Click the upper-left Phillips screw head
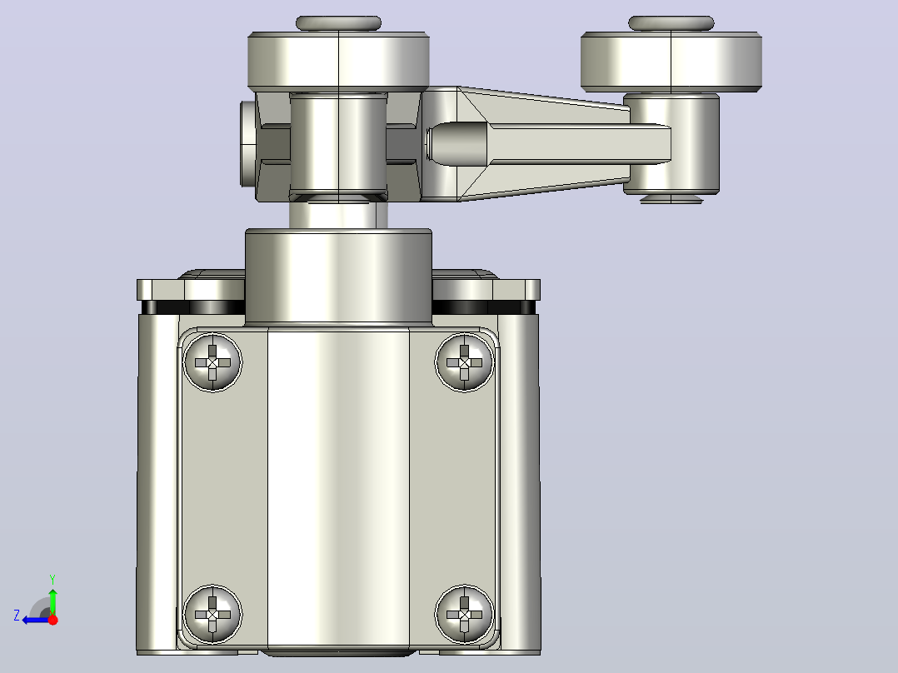click(x=212, y=362)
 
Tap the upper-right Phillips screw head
click(x=464, y=362)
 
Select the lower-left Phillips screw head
click(x=212, y=614)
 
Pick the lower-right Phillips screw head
click(x=464, y=614)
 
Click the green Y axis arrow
click(x=52, y=599)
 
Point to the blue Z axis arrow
click(x=36, y=620)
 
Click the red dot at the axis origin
click(x=52, y=620)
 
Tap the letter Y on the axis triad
click(x=52, y=579)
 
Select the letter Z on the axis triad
click(x=17, y=616)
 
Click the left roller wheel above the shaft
click(x=338, y=62)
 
